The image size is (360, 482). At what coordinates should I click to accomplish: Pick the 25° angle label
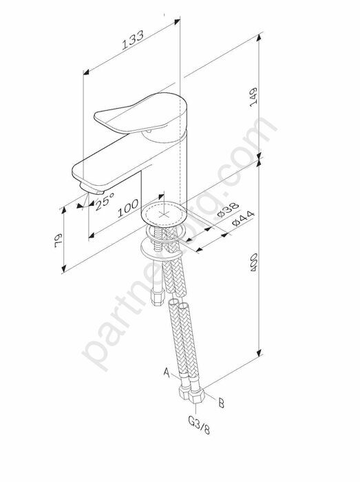[103, 200]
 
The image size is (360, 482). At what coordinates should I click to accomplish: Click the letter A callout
[167, 373]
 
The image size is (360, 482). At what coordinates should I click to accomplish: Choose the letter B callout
[221, 404]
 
